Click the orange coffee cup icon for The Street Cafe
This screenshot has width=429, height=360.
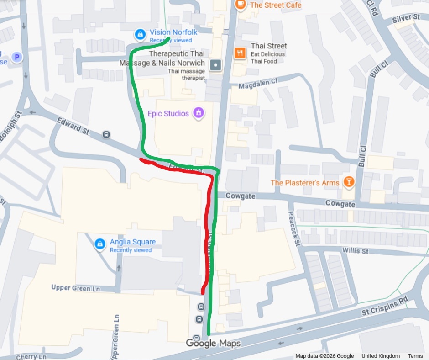[240, 5]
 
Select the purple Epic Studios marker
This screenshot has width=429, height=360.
[198, 112]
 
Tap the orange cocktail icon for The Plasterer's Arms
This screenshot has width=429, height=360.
[349, 182]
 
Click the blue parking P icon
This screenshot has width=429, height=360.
[17, 57]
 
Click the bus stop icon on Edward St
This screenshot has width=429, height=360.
[106, 134]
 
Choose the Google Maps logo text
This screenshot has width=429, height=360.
[213, 344]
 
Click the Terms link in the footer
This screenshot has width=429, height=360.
[415, 356]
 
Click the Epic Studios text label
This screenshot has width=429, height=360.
[168, 113]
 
